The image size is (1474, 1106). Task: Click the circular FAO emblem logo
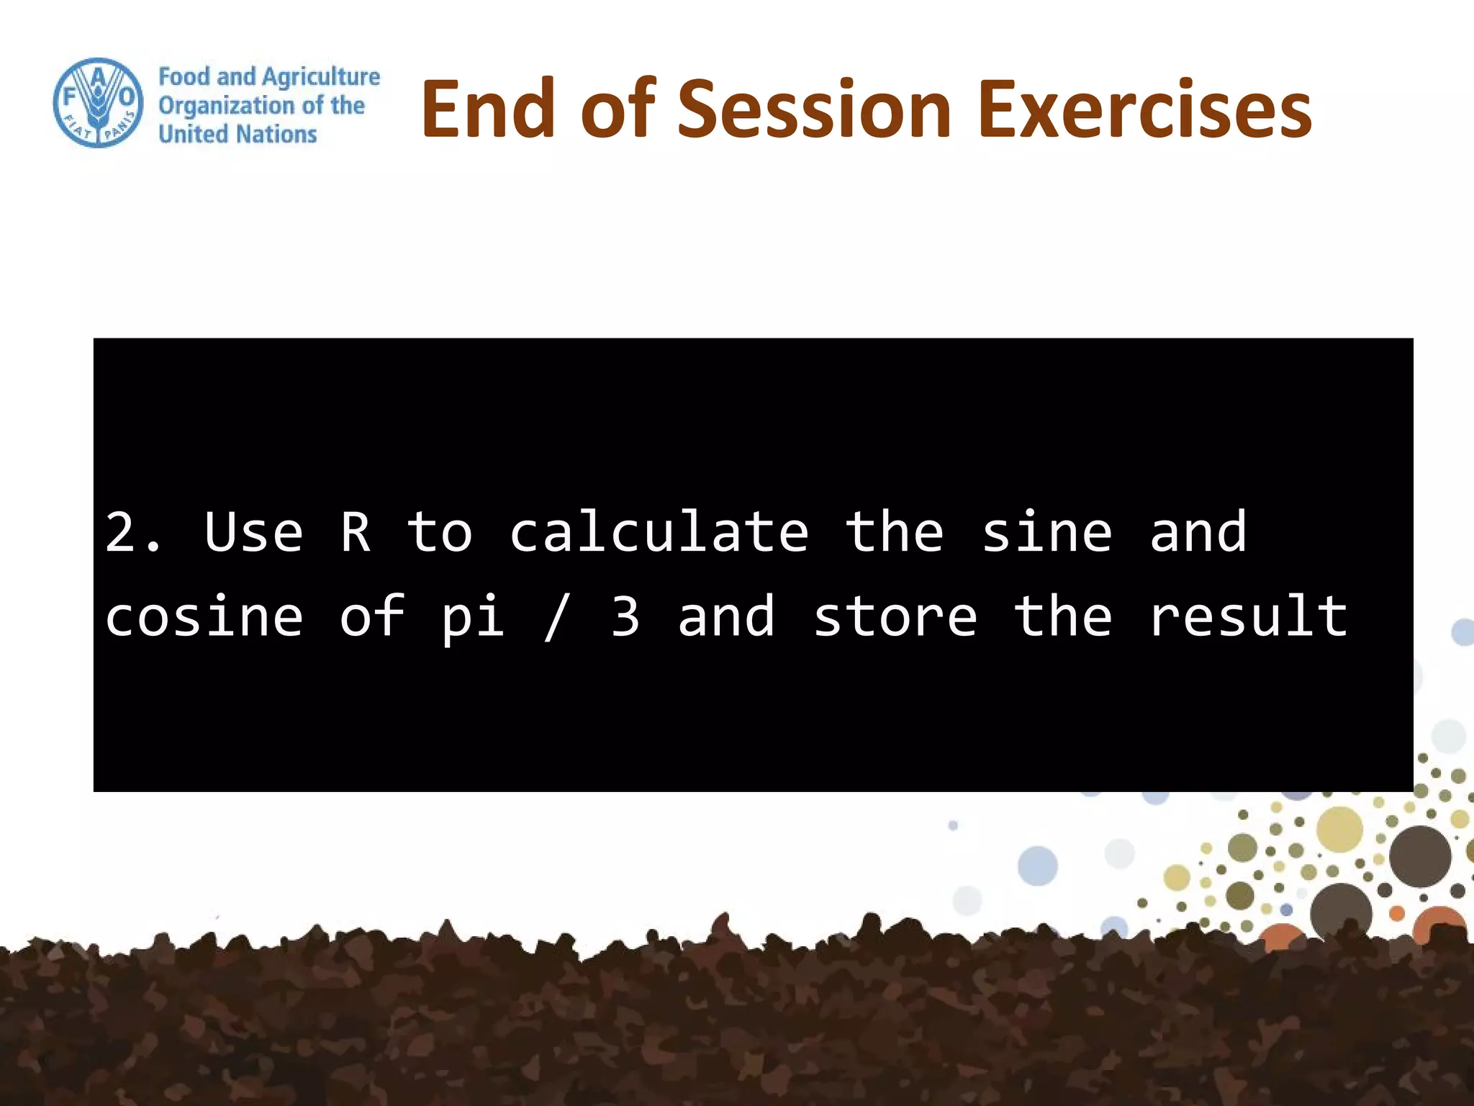click(x=98, y=103)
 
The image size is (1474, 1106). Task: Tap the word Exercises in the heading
click(x=1145, y=109)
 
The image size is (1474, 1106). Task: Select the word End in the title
click(x=487, y=109)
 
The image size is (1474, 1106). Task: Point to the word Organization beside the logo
click(x=227, y=106)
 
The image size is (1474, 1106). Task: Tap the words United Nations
click(x=238, y=134)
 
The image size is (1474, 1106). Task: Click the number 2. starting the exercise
click(x=133, y=533)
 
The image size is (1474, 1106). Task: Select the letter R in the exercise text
click(x=356, y=533)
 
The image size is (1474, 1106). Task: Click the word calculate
click(x=659, y=533)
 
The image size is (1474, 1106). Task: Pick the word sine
click(x=1046, y=533)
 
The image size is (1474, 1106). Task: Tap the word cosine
click(x=204, y=617)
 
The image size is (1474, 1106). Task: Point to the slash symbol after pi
click(x=556, y=617)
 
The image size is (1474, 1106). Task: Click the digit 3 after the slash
click(x=625, y=617)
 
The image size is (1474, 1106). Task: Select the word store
click(x=895, y=617)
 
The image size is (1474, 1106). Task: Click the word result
click(x=1248, y=617)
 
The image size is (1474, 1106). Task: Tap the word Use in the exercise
click(x=253, y=533)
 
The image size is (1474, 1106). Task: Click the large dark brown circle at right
click(x=1419, y=856)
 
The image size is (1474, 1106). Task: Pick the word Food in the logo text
click(x=184, y=77)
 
